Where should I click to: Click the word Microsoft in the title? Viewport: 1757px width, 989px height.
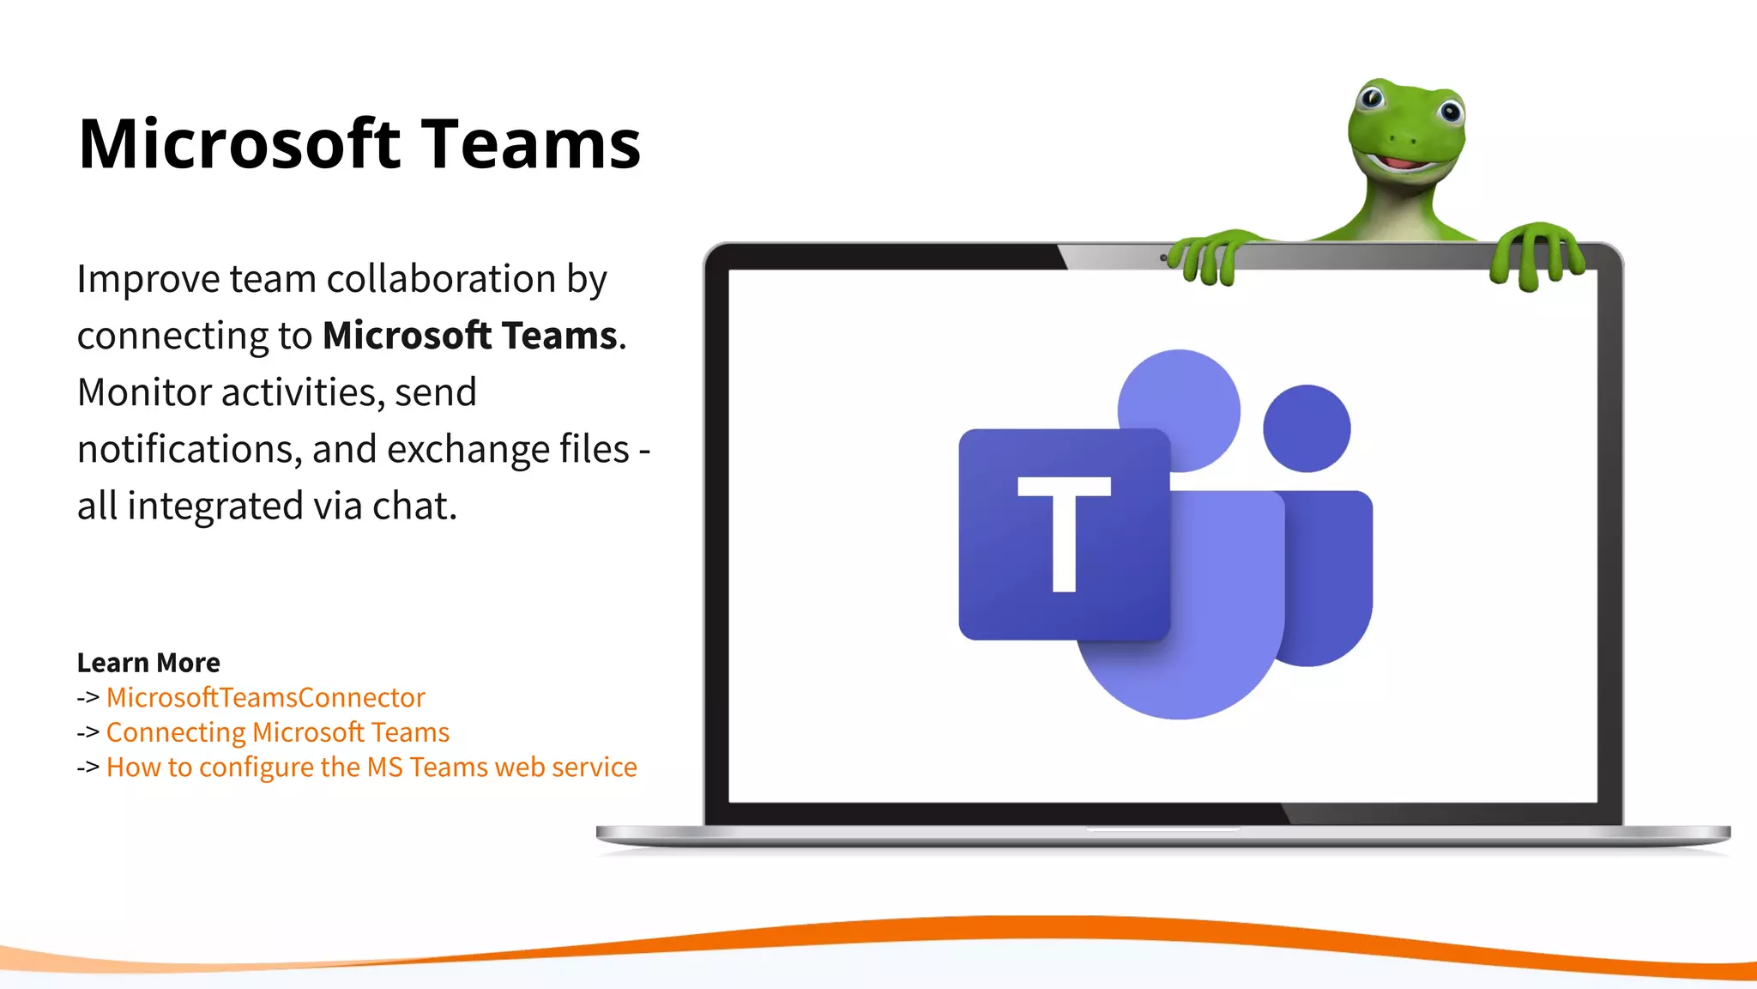tap(239, 144)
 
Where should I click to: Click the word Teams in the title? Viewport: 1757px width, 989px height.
tap(531, 144)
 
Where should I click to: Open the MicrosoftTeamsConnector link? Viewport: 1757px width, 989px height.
tap(266, 697)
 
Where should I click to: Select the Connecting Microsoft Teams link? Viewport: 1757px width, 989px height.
tap(278, 732)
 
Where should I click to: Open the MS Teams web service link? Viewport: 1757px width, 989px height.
tap(371, 767)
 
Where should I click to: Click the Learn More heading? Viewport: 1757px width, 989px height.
tap(148, 663)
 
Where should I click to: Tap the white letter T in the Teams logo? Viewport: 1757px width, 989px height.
tap(1064, 533)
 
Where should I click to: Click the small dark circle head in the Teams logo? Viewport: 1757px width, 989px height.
tap(1307, 428)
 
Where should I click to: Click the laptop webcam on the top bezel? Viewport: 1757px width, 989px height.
tap(1163, 258)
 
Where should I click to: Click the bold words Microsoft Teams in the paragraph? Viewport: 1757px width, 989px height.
tap(470, 336)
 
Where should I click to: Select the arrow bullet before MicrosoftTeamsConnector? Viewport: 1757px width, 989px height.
tap(88, 698)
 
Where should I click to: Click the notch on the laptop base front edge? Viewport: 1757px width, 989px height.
tap(1162, 829)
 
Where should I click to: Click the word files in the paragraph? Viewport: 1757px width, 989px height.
tap(595, 449)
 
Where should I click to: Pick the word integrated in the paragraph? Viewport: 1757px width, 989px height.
tap(214, 506)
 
